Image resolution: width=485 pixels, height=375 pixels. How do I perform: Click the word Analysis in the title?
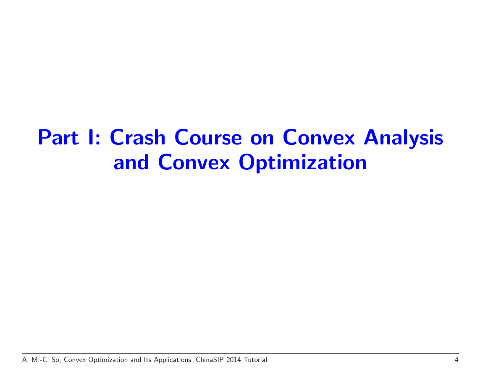(x=404, y=138)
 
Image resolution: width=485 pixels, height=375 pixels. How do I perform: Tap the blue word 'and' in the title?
(x=131, y=162)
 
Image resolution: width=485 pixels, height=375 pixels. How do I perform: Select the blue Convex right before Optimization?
(x=194, y=162)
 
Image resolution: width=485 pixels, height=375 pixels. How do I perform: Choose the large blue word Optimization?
(x=302, y=163)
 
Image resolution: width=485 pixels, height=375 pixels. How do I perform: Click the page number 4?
(x=456, y=360)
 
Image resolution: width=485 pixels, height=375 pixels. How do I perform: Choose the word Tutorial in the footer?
(x=255, y=360)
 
